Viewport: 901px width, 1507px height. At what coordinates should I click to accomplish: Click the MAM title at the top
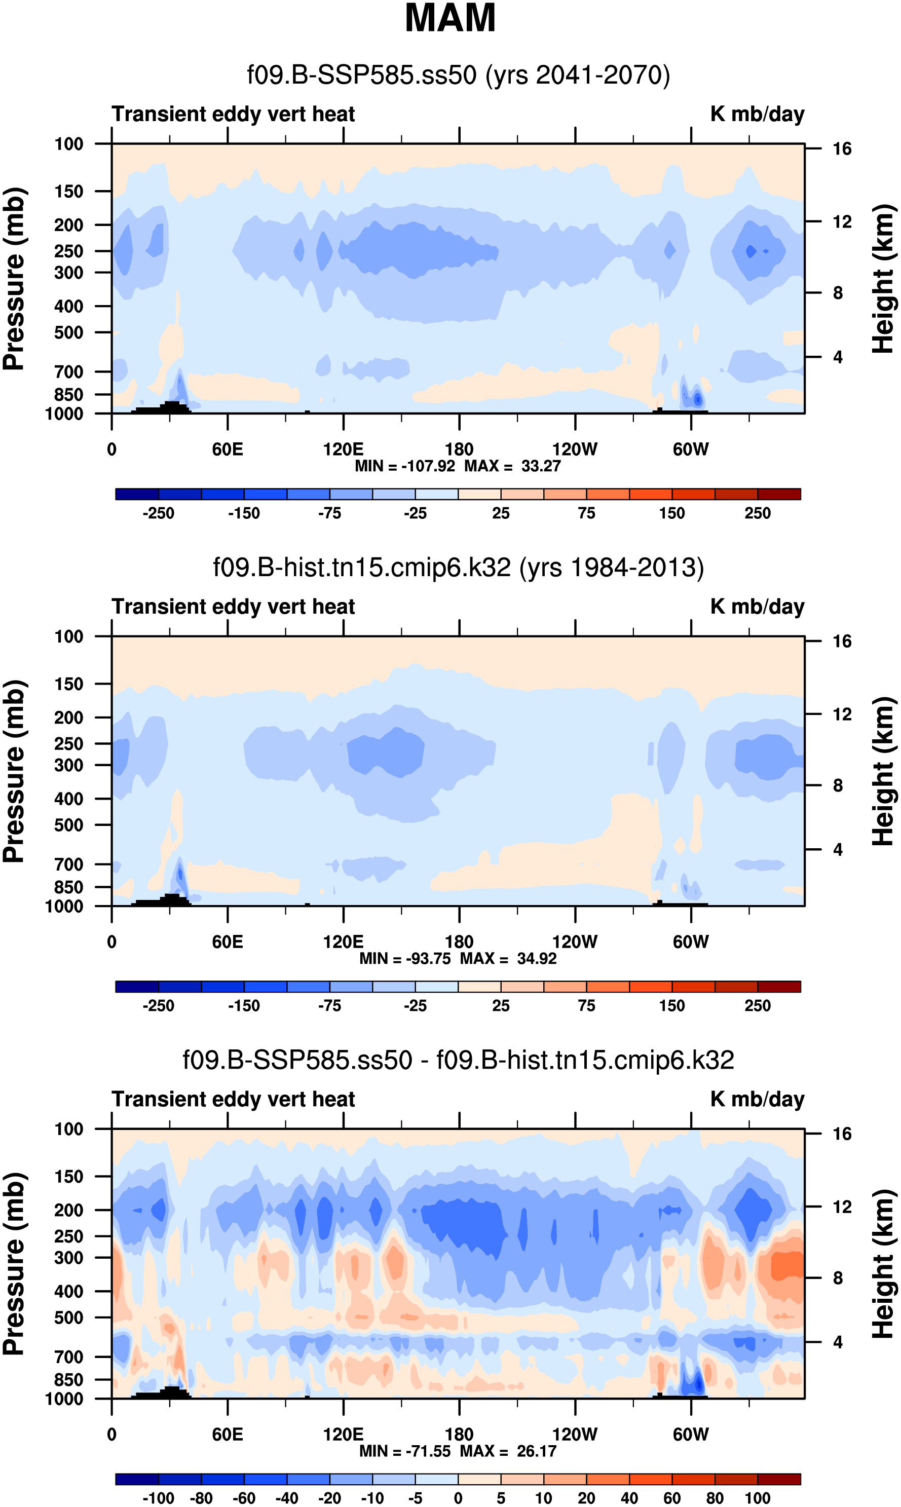point(450,18)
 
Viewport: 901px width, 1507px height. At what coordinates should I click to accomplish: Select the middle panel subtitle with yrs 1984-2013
point(459,568)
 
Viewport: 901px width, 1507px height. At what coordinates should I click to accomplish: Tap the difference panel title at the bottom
point(459,1060)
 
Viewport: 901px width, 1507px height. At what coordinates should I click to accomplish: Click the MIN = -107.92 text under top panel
point(405,466)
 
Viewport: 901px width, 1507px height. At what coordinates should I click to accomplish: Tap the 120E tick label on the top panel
point(343,450)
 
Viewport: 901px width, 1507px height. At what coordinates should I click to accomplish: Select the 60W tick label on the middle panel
point(690,942)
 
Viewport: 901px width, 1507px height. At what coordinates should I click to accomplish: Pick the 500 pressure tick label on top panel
point(68,332)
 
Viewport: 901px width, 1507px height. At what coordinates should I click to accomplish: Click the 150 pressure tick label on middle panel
point(68,684)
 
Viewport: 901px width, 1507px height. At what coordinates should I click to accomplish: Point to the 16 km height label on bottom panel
point(842,1134)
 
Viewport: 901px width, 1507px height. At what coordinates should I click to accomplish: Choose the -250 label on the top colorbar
point(159,513)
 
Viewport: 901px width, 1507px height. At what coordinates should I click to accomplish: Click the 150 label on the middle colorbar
point(672,1006)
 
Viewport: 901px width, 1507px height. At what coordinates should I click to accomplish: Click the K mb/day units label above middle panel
point(757,607)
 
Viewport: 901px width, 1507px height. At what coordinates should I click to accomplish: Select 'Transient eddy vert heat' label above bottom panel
point(233,1099)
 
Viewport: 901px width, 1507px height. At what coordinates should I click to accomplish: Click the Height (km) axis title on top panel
point(883,279)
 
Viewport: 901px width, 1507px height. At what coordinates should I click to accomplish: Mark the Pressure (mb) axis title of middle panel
point(13,771)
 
